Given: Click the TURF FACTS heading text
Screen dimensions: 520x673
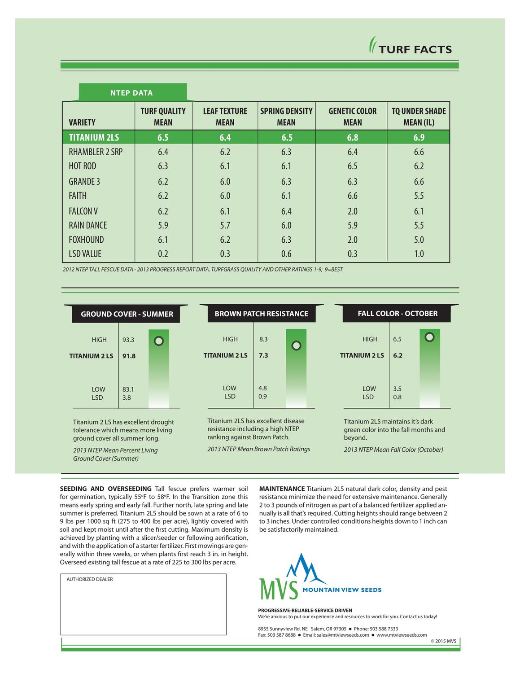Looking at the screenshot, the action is (415, 49).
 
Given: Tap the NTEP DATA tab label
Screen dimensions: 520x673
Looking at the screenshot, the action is (131, 93).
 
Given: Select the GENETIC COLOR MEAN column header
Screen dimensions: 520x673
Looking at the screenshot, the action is (353, 117).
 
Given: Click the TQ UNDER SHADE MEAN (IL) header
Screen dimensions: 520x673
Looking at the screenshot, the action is (419, 117).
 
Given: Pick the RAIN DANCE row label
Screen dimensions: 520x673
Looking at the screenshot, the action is (87, 225).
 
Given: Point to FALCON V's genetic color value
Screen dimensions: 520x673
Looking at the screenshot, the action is (353, 211).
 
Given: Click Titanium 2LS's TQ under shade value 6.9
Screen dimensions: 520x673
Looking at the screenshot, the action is (419, 137).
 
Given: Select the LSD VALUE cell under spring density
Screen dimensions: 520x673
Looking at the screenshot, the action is (286, 253).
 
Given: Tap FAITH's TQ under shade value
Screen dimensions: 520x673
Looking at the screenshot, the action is (419, 196).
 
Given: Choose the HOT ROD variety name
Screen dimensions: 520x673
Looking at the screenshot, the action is (83, 166).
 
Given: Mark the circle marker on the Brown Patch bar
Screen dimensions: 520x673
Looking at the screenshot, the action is (296, 345).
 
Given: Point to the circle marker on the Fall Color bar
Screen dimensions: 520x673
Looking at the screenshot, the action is (429, 337).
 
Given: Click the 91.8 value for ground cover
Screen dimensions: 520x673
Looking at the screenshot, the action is (129, 356).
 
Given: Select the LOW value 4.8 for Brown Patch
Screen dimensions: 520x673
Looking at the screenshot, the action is (262, 388).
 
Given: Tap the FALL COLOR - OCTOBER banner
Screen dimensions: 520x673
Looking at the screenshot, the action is (397, 314).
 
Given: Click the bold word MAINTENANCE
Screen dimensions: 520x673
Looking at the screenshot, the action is (282, 489).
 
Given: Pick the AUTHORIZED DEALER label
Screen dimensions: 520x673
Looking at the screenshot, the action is (90, 579).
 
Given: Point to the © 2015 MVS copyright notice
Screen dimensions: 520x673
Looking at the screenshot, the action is (443, 641).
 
